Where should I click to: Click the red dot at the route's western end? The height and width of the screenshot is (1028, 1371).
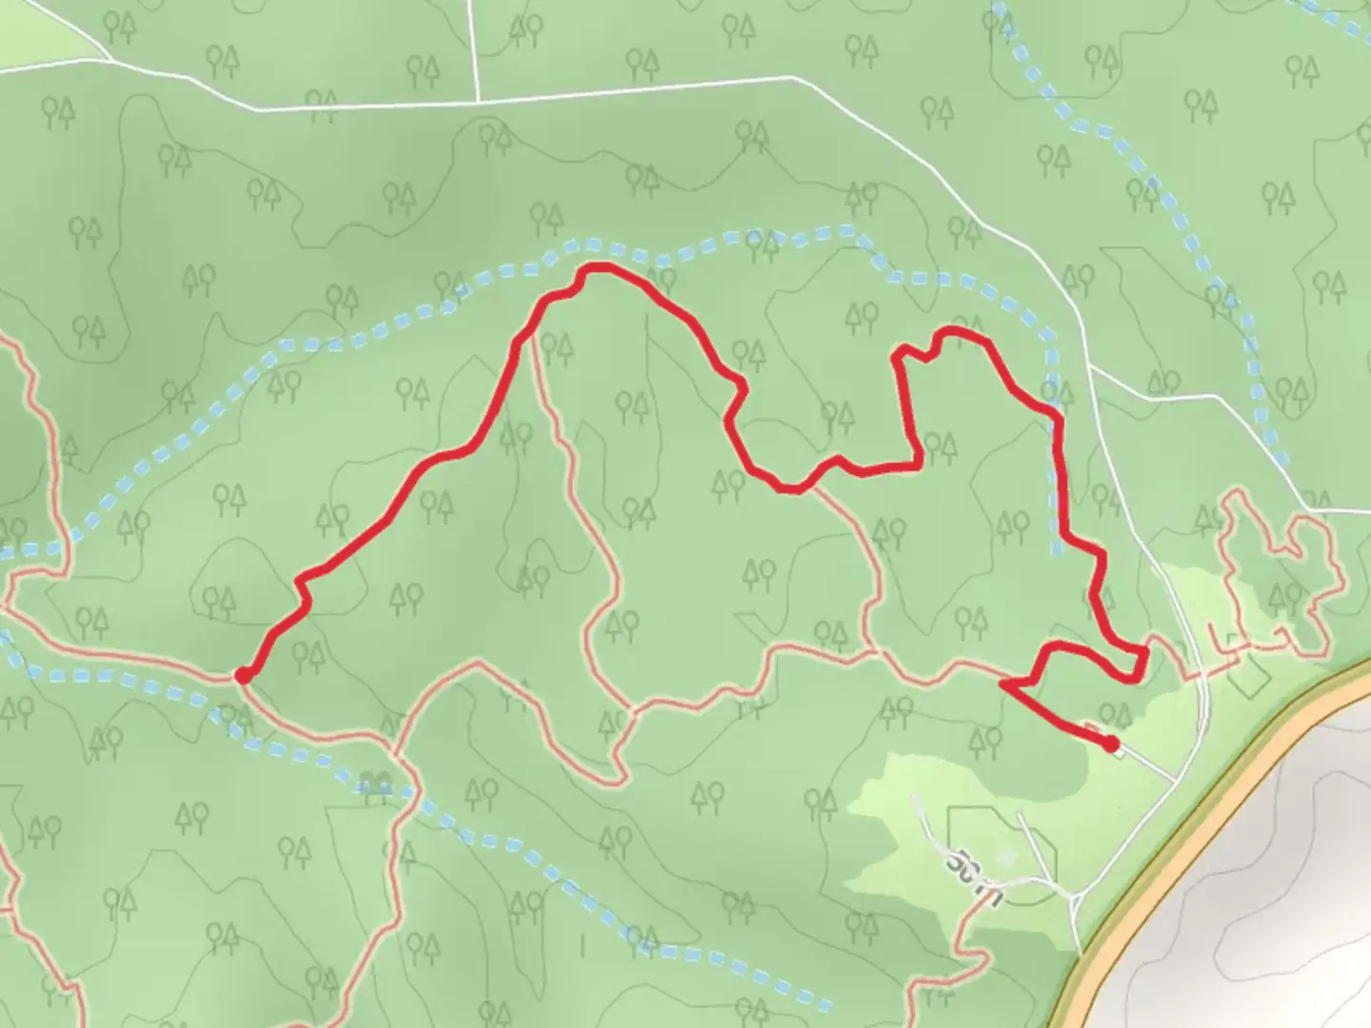tap(244, 675)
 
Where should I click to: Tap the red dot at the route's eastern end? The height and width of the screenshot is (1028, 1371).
tap(1111, 743)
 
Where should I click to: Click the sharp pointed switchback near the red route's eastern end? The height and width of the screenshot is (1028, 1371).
tap(1003, 682)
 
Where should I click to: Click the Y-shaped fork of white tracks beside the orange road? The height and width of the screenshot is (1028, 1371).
tap(1076, 895)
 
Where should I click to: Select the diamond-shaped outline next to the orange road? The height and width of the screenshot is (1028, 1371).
tap(1247, 674)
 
